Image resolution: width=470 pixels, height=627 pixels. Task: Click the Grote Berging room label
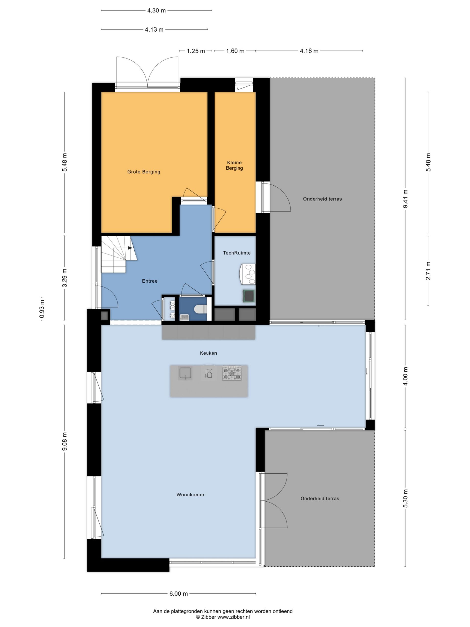coord(144,172)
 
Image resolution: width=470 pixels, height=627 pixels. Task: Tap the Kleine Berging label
coord(234,165)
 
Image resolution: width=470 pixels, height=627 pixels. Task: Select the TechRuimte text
coord(237,253)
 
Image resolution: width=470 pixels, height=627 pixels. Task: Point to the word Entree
coord(150,281)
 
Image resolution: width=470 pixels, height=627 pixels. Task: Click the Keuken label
coord(209,353)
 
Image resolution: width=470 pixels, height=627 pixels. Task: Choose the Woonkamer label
coord(190,495)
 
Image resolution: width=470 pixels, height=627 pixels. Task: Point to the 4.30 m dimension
coord(156,11)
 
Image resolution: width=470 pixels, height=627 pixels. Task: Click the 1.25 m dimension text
coord(196,51)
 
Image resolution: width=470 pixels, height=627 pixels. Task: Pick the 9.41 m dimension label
coord(405,199)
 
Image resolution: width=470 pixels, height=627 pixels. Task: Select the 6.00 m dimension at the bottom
coord(178,593)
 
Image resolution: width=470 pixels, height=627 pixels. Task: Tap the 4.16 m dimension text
coord(309,51)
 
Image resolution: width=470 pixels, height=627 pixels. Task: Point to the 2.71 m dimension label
coord(428,271)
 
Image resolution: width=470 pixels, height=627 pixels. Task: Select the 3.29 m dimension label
coord(65,278)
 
